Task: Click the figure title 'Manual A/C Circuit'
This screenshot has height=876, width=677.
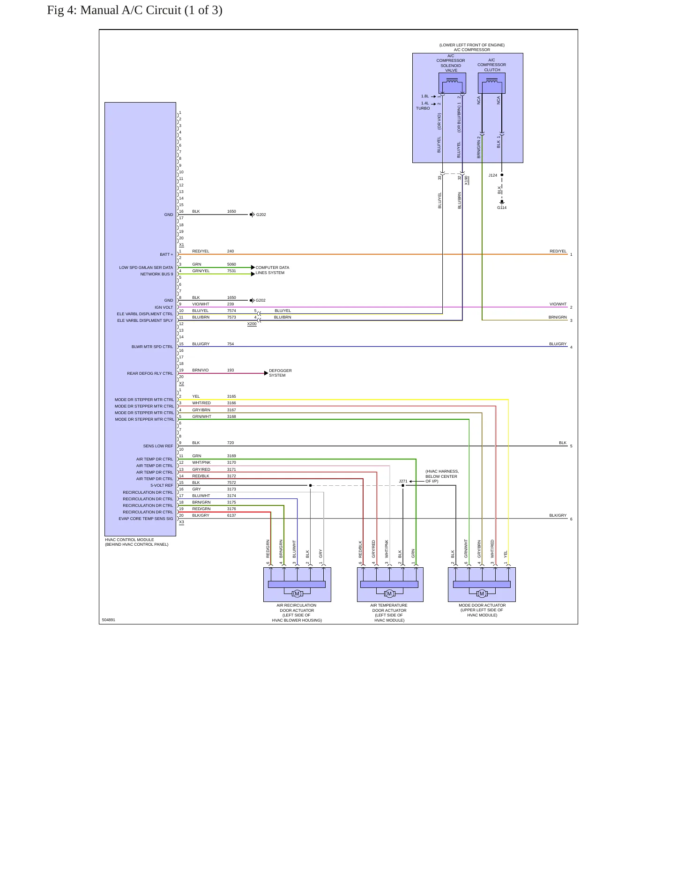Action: tap(131, 10)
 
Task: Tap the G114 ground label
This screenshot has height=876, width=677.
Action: tap(502, 208)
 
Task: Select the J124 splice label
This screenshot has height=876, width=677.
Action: tap(493, 175)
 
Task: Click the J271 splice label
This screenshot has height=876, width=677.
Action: tap(403, 481)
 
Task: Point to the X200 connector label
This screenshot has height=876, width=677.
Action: tap(252, 324)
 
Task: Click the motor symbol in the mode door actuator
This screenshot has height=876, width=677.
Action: tap(482, 594)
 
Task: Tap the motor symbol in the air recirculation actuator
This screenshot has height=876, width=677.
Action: tap(297, 594)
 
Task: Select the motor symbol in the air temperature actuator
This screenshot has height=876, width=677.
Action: tap(389, 594)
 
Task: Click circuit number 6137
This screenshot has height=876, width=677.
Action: tap(231, 515)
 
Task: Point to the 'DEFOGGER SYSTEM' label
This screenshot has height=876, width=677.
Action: tap(280, 373)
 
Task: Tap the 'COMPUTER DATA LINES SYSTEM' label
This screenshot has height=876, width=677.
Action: tap(272, 270)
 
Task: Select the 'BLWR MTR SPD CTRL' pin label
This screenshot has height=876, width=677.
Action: tap(152, 347)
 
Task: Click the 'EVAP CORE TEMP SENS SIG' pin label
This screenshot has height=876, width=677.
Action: tap(146, 519)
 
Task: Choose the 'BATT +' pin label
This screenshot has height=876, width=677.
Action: tap(166, 255)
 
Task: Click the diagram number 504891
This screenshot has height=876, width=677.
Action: tap(108, 620)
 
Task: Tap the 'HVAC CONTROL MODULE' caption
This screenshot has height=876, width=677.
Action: tap(129, 540)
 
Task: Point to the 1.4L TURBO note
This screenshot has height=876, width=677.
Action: tap(423, 106)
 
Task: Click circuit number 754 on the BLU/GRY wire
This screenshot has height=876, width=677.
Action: tap(231, 344)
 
